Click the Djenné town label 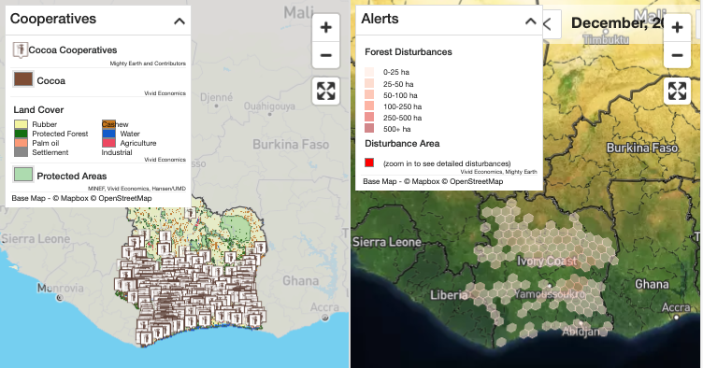(216, 96)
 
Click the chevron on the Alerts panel (530, 20)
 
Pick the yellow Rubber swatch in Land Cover (21, 124)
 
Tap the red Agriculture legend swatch (109, 144)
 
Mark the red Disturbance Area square (369, 162)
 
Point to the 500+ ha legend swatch (369, 128)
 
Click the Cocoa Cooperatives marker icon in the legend (19, 49)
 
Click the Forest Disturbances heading (408, 51)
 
